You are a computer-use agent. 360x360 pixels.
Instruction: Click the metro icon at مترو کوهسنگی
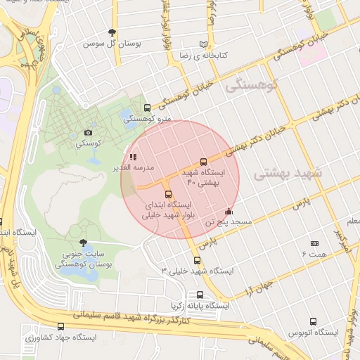coord(147,108)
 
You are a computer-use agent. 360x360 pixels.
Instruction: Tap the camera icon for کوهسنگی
coord(88,132)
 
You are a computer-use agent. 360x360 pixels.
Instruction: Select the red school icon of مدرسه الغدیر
coord(133,157)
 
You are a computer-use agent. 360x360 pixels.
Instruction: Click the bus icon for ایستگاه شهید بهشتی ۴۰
coord(204,162)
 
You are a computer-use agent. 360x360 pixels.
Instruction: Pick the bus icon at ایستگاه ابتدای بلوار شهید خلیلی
coord(168,195)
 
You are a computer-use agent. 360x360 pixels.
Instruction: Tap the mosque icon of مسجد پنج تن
coord(229,211)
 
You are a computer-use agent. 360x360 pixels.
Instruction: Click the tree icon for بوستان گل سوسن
coord(112,32)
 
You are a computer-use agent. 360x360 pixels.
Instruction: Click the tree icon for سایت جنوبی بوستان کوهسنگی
coord(84,243)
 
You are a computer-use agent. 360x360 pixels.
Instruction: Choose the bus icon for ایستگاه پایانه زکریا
coord(200,295)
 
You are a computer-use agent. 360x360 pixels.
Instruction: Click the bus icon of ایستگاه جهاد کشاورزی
coord(61,327)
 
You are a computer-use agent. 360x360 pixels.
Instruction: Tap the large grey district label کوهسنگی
coord(250,84)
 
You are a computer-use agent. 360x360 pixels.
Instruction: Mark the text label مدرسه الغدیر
coord(113,167)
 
